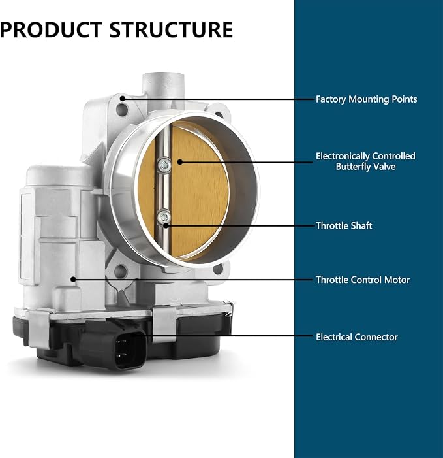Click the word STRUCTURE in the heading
coord(171,29)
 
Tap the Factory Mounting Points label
coord(366,99)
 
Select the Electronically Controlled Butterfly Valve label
coord(365,161)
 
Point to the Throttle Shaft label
coord(344,226)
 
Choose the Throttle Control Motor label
coord(363,280)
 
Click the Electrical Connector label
coord(357,337)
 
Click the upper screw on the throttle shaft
coord(164,165)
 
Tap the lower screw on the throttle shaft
coord(164,217)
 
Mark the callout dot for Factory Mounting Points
coord(123,99)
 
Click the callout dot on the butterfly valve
coord(180,162)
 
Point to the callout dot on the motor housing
coord(73,280)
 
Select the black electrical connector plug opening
coord(129,350)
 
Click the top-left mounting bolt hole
coord(122,110)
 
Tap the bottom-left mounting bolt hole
coord(121,271)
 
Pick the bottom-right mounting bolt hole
coord(218,269)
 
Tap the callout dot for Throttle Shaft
coord(166,225)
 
